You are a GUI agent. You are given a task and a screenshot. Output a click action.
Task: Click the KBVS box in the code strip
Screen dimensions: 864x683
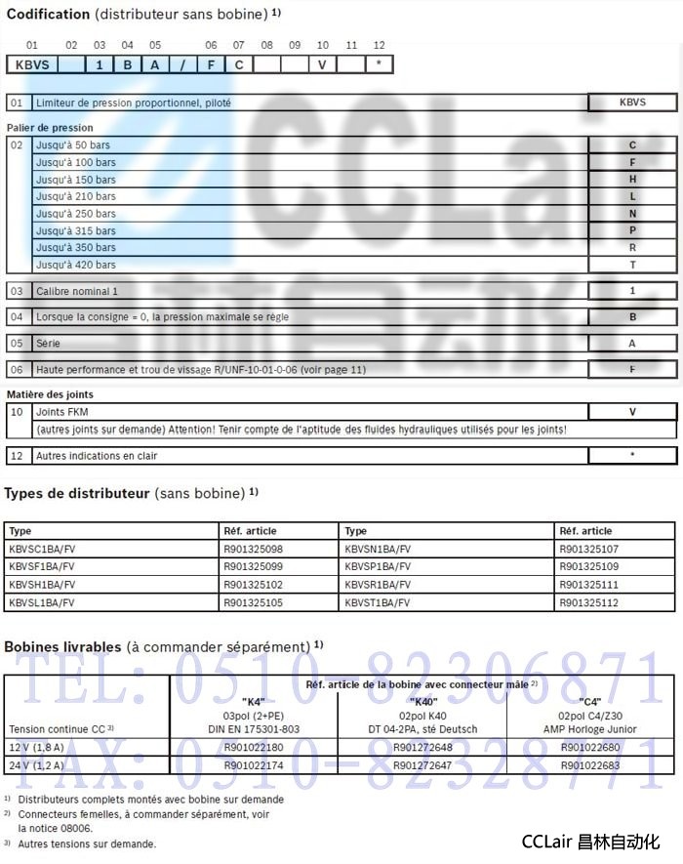coord(33,64)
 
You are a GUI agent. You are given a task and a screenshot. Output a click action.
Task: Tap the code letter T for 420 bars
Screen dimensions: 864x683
coord(632,265)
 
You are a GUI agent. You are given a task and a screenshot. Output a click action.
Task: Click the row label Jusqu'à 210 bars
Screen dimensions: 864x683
coord(75,196)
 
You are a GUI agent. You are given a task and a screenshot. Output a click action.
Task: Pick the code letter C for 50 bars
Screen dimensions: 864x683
coord(632,145)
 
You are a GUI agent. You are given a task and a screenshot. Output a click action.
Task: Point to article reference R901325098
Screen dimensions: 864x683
coord(253,550)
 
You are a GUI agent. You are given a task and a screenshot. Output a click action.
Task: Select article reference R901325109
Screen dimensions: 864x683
coord(588,567)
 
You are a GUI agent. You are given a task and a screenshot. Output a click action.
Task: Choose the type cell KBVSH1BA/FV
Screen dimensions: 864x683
coord(41,585)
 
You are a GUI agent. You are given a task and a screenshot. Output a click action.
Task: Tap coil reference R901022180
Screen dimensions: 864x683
coord(254,748)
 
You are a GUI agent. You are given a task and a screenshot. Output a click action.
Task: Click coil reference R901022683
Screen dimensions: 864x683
coord(591,765)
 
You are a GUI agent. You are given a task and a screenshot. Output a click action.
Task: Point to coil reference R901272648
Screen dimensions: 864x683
coord(422,748)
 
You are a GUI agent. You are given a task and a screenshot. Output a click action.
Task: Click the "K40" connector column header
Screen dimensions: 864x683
coord(422,701)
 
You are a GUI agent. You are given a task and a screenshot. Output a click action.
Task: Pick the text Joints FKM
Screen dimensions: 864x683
coord(62,412)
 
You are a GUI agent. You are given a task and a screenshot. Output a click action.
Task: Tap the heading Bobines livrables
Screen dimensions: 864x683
coord(62,646)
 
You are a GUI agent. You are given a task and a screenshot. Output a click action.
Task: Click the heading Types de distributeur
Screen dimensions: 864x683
coord(77,493)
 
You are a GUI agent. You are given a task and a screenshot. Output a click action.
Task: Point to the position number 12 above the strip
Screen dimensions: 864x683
coord(379,45)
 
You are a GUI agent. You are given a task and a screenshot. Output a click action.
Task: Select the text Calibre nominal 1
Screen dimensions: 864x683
coord(76,291)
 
